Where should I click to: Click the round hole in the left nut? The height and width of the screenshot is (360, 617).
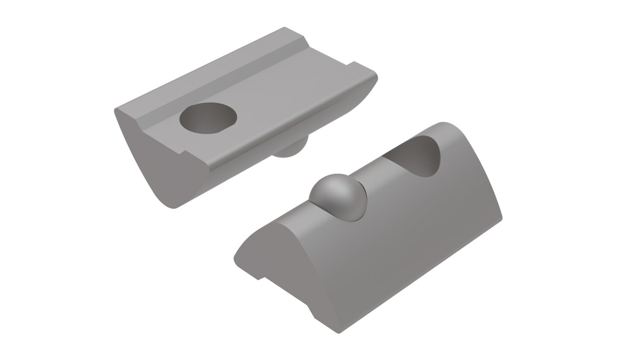208,118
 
